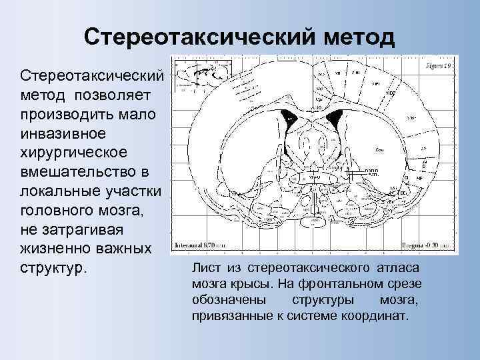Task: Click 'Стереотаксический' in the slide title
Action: pos(183,37)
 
